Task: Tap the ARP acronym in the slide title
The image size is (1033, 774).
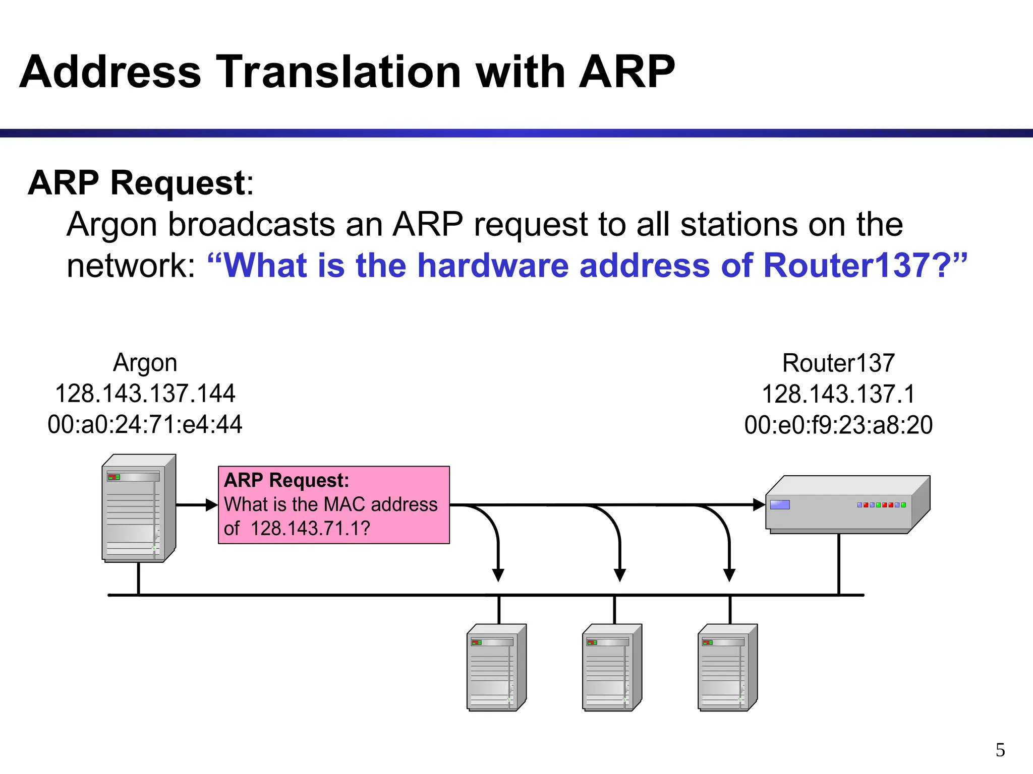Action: [x=626, y=72]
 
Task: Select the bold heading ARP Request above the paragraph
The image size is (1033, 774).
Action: [x=136, y=182]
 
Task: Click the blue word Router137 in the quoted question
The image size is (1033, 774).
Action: [x=846, y=265]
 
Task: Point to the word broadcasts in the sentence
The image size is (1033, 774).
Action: [x=251, y=224]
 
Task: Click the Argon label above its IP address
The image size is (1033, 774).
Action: [x=145, y=363]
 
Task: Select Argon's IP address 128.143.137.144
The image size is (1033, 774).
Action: [x=145, y=394]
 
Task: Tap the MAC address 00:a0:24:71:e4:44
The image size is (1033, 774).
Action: [x=145, y=424]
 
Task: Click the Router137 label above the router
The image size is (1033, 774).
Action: [x=838, y=363]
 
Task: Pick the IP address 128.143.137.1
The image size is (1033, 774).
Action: [x=838, y=394]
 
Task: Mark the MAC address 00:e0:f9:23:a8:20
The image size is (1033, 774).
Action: [x=838, y=425]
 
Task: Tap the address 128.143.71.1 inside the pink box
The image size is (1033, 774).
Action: [x=309, y=529]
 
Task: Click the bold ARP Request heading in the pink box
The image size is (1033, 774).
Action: [x=286, y=480]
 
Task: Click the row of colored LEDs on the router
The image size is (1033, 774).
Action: [x=881, y=505]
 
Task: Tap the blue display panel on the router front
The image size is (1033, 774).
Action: [x=780, y=505]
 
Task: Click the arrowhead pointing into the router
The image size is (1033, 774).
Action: [x=759, y=504]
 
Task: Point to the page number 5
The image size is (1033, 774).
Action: [x=1000, y=750]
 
